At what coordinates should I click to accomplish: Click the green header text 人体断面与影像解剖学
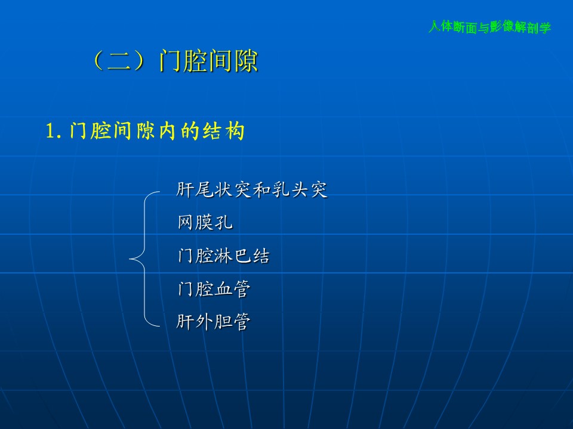point(489,27)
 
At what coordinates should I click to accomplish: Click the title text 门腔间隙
point(209,61)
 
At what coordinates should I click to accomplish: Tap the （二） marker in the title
point(119,61)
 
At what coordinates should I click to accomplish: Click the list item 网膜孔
point(205,222)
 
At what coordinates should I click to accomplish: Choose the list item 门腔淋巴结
point(224,256)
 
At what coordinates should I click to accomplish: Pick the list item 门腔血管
point(214,288)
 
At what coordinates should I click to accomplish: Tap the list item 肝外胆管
point(214,321)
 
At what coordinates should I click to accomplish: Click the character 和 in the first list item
point(261,189)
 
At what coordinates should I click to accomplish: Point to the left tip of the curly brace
point(130,259)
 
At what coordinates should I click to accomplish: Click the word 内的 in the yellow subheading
point(178,130)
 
